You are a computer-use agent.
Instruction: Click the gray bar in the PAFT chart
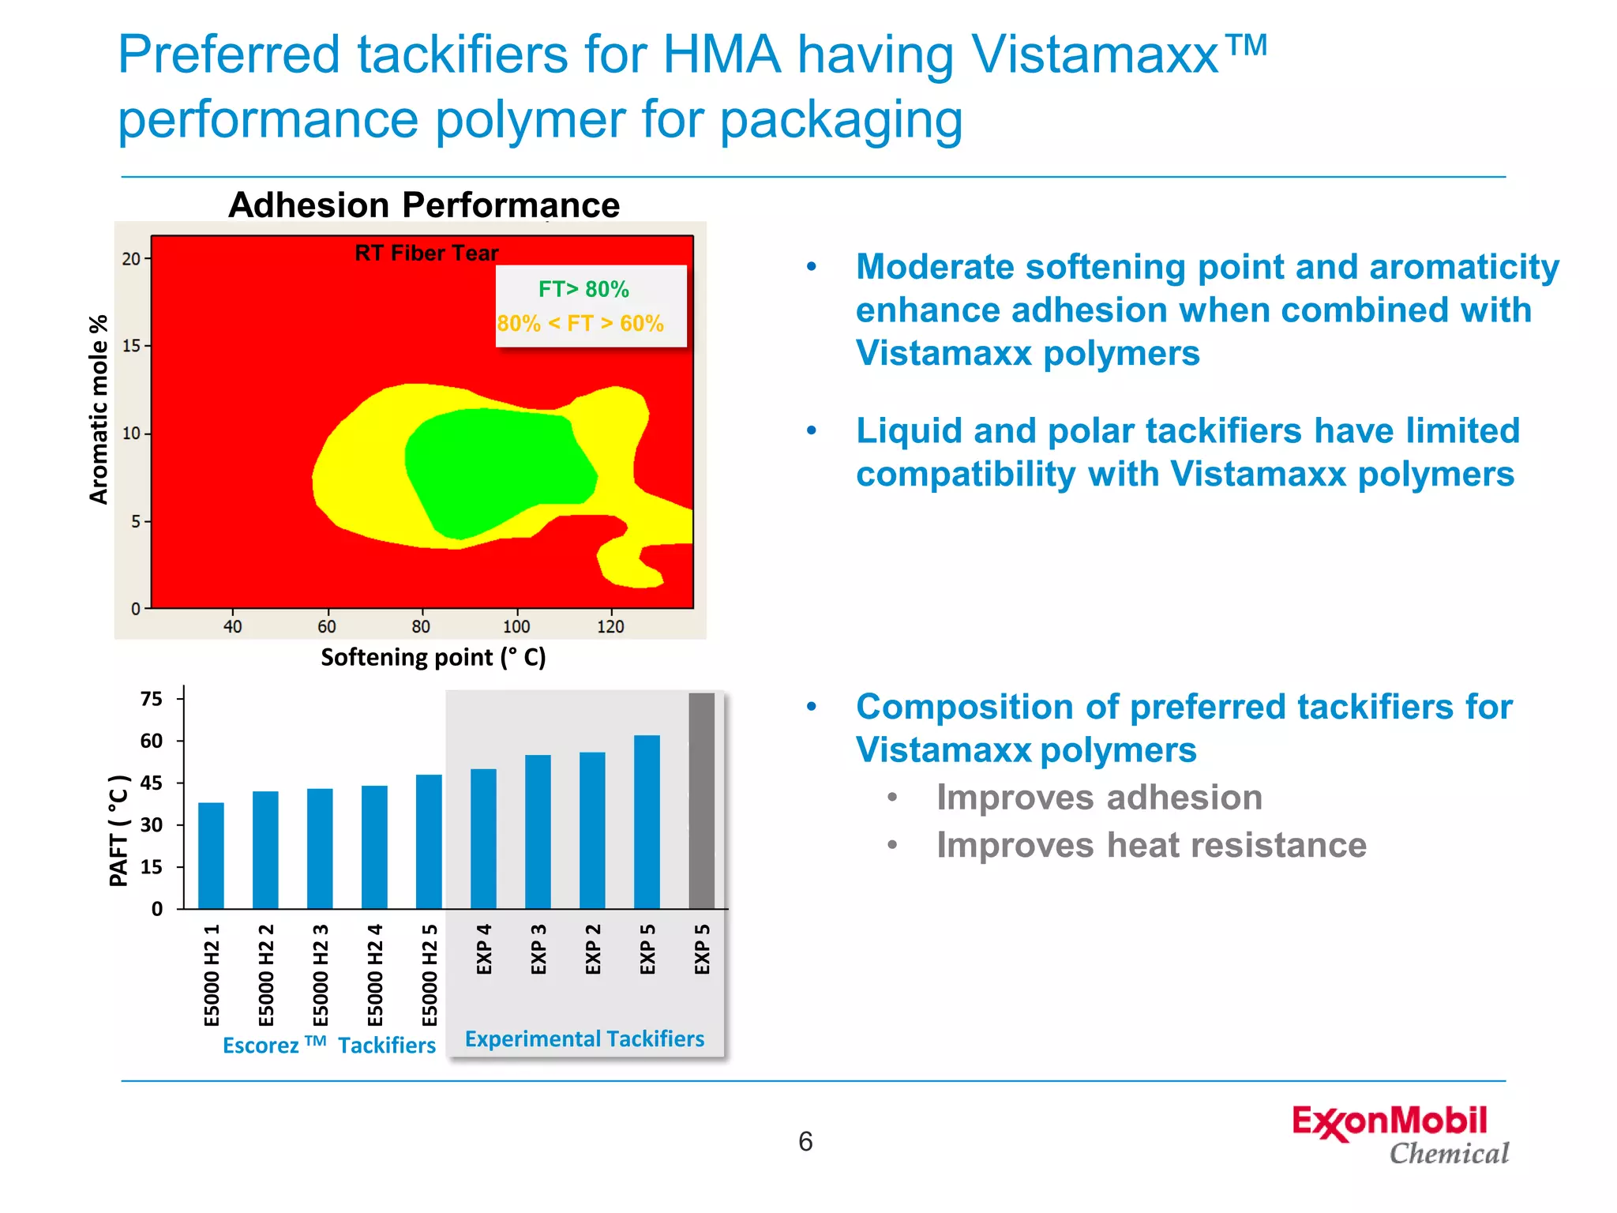pyautogui.click(x=701, y=801)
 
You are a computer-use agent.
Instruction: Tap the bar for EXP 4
pyautogui.click(x=483, y=839)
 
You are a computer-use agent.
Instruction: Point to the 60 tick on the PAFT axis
pyautogui.click(x=151, y=741)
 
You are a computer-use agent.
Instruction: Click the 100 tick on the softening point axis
pyautogui.click(x=516, y=626)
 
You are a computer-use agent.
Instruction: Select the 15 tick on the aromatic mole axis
pyautogui.click(x=131, y=346)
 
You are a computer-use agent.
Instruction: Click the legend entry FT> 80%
pyautogui.click(x=583, y=289)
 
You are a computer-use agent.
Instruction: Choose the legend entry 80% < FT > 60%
pyautogui.click(x=580, y=324)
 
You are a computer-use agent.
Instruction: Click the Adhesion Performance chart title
pyautogui.click(x=424, y=205)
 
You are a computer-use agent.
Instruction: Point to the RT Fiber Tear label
pyautogui.click(x=426, y=253)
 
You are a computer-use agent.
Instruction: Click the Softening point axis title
pyautogui.click(x=433, y=657)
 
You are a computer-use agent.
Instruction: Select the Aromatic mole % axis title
pyautogui.click(x=98, y=409)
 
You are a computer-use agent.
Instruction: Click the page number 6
pyautogui.click(x=805, y=1141)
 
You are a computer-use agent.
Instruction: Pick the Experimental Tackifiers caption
pyautogui.click(x=584, y=1038)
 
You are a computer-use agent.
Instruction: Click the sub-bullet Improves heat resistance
pyautogui.click(x=1151, y=845)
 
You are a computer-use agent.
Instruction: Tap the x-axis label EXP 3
pyautogui.click(x=538, y=949)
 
